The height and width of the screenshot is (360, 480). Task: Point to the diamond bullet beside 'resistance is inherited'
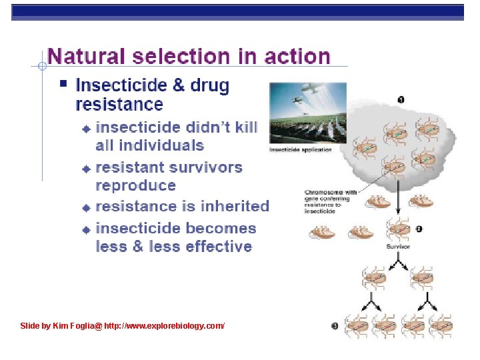click(x=85, y=207)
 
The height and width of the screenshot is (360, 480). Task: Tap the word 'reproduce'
click(x=136, y=185)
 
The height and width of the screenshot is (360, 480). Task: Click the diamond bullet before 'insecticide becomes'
click(x=85, y=229)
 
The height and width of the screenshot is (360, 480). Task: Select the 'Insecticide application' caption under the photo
click(x=300, y=150)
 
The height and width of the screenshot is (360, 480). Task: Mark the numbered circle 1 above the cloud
click(x=401, y=99)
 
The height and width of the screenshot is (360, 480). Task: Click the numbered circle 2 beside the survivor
click(x=419, y=229)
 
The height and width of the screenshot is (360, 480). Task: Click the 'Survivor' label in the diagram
click(x=399, y=247)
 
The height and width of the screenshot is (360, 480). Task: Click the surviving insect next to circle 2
click(x=399, y=229)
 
